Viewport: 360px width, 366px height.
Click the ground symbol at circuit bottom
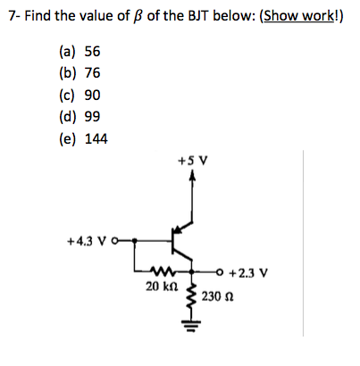coord(193,338)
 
